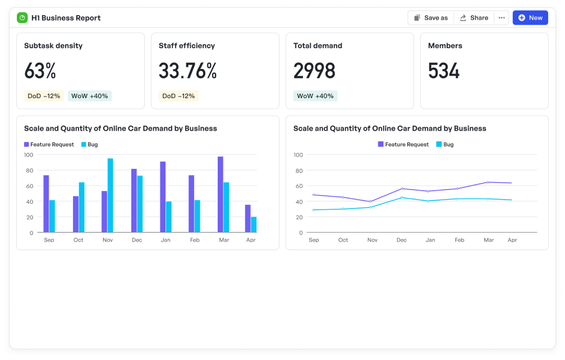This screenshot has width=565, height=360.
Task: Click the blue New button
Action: (x=530, y=18)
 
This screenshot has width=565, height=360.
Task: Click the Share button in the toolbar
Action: (x=474, y=18)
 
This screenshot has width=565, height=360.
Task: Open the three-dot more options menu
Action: (x=502, y=18)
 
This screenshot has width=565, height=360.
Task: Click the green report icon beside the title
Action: (x=22, y=18)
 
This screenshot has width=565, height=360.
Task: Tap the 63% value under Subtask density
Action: (x=40, y=71)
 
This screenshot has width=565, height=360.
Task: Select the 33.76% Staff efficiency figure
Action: (x=187, y=71)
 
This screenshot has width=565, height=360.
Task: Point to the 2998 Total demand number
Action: (x=314, y=71)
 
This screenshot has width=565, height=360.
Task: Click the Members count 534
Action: (x=444, y=71)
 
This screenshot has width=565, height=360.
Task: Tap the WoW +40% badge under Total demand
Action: (x=315, y=96)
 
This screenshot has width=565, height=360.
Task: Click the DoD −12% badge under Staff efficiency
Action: (x=178, y=96)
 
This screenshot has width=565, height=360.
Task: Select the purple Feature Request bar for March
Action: (x=221, y=195)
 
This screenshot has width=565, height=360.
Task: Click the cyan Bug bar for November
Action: (x=111, y=195)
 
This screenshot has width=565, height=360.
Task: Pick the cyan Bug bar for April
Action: (x=254, y=224)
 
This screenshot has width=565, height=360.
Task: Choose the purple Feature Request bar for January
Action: (x=163, y=197)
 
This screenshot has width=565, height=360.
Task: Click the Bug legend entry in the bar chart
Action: (x=90, y=145)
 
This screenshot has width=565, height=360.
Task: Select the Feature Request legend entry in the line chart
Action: (x=403, y=145)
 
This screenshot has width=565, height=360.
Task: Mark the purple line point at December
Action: (x=402, y=188)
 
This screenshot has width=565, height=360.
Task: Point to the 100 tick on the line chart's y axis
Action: (x=298, y=155)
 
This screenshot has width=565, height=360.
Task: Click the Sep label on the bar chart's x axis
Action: (x=49, y=240)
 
